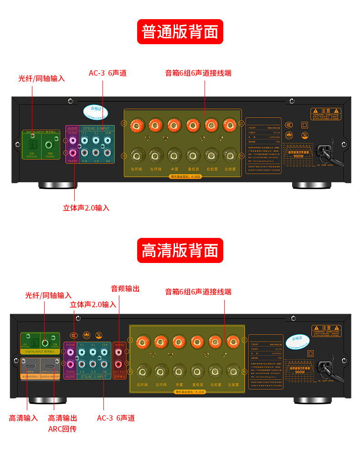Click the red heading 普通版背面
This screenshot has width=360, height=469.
pos(180,32)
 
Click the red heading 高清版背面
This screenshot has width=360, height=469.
pos(180,251)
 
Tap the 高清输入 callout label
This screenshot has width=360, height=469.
pos(23,418)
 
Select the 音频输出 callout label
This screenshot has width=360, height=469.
pos(125,289)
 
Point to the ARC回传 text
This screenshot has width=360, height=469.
pos(62,429)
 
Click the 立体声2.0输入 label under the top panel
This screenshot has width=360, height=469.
pos(86,208)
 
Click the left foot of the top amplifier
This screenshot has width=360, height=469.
pos(57,185)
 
